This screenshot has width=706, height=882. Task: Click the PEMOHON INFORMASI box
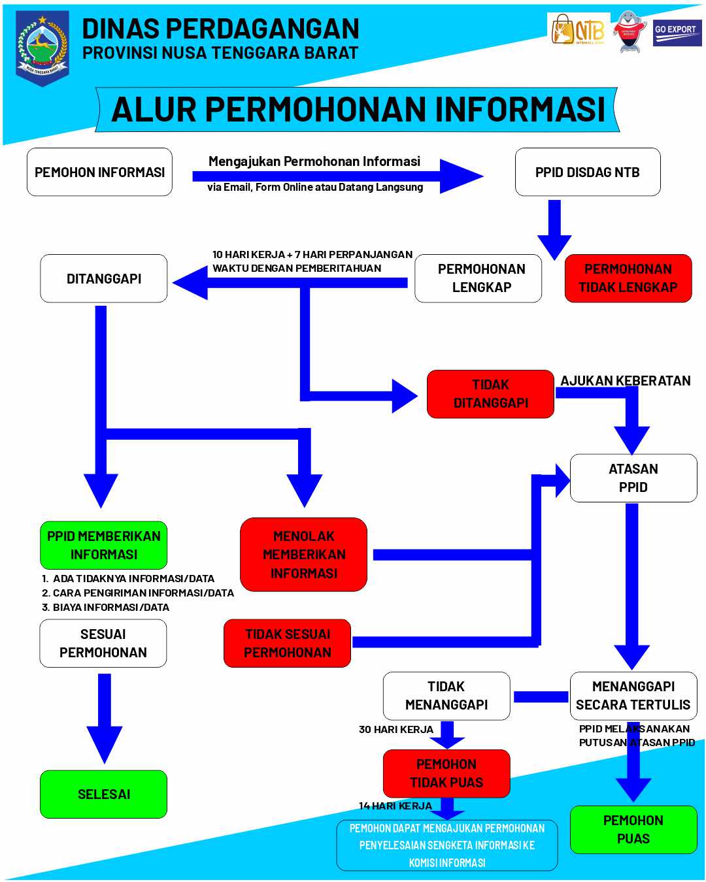99,172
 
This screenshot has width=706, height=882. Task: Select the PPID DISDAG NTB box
587,172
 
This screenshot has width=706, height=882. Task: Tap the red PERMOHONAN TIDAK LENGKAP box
628,278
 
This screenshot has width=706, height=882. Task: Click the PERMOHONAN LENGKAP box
481,278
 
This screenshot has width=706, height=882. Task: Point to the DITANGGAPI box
104,278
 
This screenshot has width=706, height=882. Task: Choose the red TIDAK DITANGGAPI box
490,394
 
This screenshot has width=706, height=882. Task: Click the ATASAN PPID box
633,478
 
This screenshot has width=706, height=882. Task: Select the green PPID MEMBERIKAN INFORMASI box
103,545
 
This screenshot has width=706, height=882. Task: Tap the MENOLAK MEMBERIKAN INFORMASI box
303,555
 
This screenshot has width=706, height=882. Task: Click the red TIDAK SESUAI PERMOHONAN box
287,643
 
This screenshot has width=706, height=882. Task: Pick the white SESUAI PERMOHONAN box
103,643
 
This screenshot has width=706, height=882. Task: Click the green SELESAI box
103,794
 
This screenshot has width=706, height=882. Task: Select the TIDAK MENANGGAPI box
446,696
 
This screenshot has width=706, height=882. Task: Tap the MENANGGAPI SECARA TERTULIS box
633,696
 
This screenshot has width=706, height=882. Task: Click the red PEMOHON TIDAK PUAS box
446,774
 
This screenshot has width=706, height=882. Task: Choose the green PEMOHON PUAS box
633,829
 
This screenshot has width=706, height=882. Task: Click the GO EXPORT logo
677,32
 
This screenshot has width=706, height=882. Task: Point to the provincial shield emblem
42,48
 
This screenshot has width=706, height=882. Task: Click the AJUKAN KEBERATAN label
625,381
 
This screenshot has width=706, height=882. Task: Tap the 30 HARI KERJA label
395,729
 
